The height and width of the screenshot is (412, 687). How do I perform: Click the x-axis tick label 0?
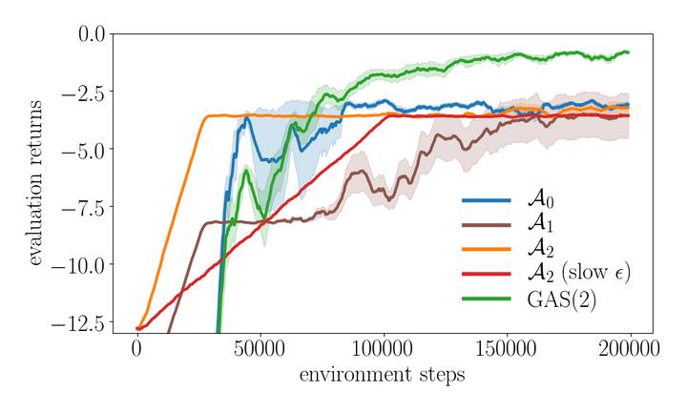coord(136,349)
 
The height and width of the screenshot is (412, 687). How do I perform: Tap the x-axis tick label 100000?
coord(383,349)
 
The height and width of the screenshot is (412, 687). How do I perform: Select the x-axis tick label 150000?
coord(506,349)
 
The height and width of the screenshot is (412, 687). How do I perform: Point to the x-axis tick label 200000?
coord(629,349)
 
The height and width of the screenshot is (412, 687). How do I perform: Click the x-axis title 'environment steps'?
coord(382,375)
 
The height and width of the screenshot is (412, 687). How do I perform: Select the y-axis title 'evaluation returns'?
coord(35,181)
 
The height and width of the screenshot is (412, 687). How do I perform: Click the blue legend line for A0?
coord(487,201)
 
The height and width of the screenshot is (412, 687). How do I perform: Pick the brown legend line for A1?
coord(487,226)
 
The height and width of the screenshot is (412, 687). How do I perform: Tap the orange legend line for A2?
coord(487,251)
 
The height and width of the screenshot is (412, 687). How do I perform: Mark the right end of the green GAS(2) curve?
coord(628,52)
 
